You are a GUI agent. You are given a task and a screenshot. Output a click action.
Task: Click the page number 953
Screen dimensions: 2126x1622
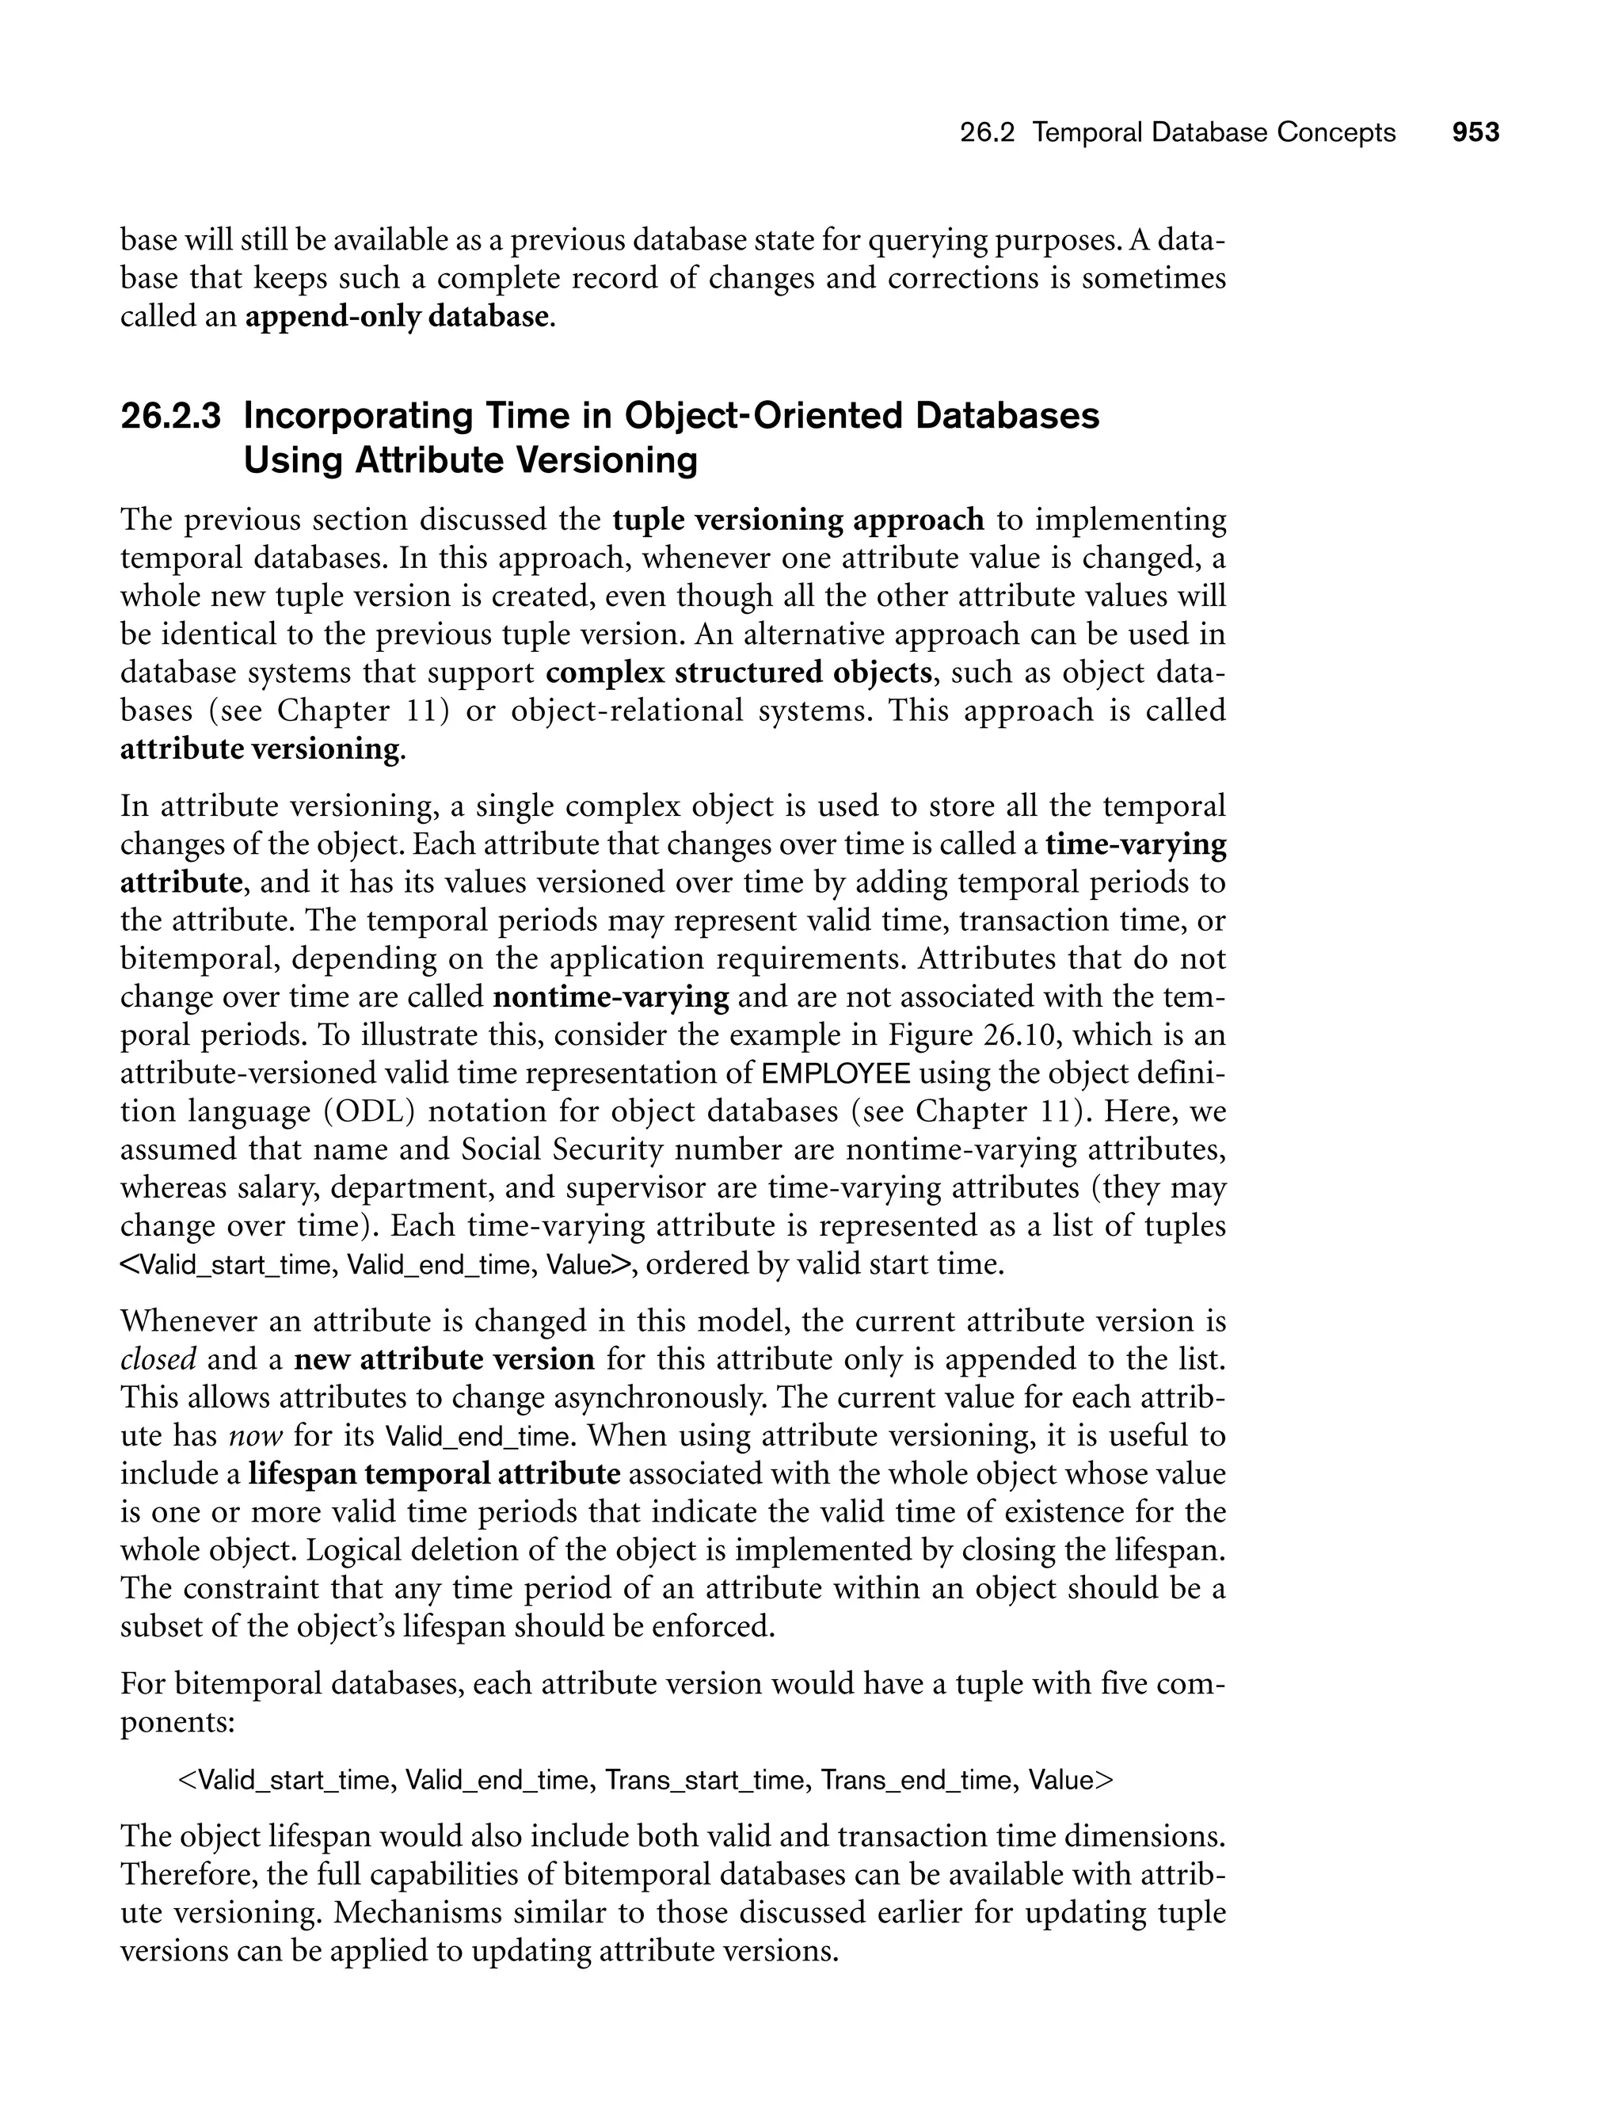point(1475,132)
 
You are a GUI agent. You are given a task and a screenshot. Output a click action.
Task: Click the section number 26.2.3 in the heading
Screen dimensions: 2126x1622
point(170,416)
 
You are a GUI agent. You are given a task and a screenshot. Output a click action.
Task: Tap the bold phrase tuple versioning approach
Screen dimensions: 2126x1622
point(798,520)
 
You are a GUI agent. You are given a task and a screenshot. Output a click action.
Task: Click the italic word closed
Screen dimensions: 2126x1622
point(158,1359)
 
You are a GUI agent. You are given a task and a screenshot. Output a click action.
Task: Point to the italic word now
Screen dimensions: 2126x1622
point(256,1435)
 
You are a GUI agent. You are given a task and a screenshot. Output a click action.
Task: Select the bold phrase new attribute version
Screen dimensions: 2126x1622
point(444,1359)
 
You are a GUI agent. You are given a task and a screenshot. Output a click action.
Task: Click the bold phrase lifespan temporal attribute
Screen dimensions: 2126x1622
point(435,1474)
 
